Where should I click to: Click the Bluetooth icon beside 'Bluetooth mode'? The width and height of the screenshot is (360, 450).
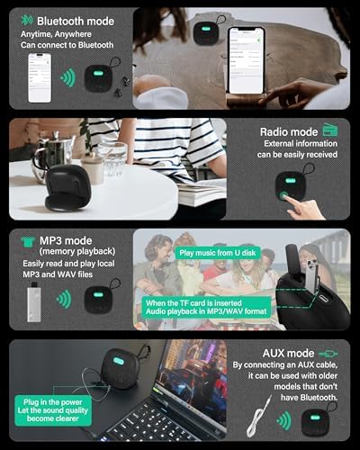click(x=27, y=20)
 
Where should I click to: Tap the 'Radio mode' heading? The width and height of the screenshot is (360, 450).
click(x=289, y=132)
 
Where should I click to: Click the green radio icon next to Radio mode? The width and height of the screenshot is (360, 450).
click(x=330, y=130)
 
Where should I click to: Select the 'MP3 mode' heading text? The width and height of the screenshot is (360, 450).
click(x=66, y=240)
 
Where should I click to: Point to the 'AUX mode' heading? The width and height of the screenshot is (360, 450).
click(x=288, y=353)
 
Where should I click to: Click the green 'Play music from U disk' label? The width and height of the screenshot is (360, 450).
click(x=218, y=253)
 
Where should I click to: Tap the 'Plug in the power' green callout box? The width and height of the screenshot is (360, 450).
click(x=53, y=410)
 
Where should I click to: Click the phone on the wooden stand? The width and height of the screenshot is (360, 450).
click(x=247, y=60)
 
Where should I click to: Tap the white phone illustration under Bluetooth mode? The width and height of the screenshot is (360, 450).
click(x=40, y=78)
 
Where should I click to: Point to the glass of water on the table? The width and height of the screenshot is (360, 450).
click(x=113, y=160)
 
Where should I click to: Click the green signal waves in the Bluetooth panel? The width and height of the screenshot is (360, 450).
click(x=68, y=78)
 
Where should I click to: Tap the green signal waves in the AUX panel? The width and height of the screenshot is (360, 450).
click(x=283, y=420)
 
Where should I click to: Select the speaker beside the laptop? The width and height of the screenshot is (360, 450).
click(x=121, y=367)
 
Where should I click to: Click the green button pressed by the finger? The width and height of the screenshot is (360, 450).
click(x=283, y=195)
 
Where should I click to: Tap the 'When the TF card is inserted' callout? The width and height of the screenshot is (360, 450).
click(x=206, y=307)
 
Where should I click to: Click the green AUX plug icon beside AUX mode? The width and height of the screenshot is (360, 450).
click(x=328, y=354)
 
